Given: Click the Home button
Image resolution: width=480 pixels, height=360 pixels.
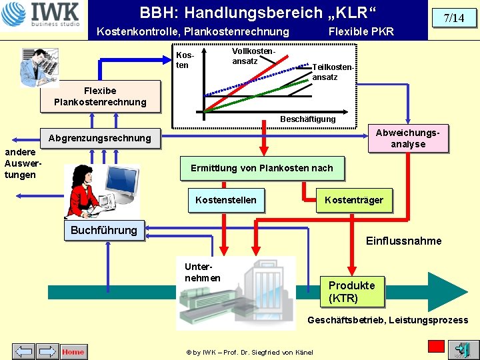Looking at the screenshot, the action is click(74, 351).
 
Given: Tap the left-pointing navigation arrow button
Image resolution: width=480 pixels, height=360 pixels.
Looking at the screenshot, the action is click(23, 351).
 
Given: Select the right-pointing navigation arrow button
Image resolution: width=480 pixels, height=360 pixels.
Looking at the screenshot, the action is click(47, 351).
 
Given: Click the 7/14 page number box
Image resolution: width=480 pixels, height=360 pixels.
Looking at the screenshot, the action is click(454, 18).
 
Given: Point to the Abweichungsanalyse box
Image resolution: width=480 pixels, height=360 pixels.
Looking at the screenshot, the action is click(408, 139).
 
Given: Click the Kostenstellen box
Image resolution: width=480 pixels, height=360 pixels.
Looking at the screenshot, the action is click(226, 200).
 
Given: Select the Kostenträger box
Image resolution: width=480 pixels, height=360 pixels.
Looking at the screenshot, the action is click(354, 200).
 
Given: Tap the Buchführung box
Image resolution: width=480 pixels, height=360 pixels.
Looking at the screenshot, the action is click(104, 230).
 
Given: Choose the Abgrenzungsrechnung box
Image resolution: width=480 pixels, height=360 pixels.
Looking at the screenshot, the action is click(100, 139).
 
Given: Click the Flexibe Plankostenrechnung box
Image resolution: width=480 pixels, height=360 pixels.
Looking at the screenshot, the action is click(100, 97).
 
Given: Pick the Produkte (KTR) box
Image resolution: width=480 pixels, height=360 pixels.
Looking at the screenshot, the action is click(352, 292).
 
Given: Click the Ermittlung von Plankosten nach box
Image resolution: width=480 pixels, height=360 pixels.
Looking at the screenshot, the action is click(262, 169).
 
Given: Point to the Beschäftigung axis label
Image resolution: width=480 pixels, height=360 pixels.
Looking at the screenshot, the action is click(307, 119).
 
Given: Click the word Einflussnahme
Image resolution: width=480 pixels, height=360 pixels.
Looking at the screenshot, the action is click(404, 241).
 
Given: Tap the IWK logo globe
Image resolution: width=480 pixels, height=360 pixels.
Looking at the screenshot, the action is click(13, 14).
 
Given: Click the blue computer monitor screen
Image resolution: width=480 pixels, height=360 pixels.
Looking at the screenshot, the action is click(122, 179).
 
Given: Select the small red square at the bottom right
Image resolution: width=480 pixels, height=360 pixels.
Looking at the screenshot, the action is click(436, 347).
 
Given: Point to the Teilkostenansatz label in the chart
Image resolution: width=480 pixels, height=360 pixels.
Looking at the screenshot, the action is click(333, 72).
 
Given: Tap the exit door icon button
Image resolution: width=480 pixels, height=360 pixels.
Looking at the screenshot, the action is click(463, 349).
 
